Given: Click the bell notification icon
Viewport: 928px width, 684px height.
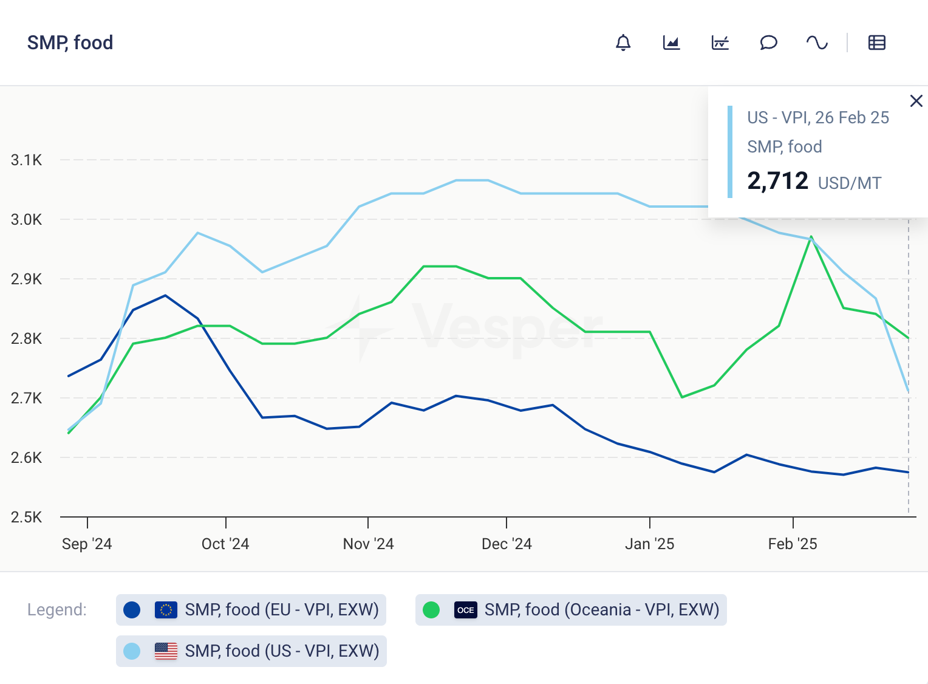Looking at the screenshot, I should pyautogui.click(x=623, y=43).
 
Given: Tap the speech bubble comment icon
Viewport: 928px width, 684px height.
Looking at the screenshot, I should pyautogui.click(x=768, y=43).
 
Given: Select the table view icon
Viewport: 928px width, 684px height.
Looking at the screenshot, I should pyautogui.click(x=876, y=43).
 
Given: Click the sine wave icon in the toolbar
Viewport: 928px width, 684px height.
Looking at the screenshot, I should pyautogui.click(x=817, y=43).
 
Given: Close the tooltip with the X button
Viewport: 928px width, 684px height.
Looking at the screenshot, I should pyautogui.click(x=916, y=101).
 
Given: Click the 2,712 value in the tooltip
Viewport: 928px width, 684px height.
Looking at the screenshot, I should pyautogui.click(x=777, y=181).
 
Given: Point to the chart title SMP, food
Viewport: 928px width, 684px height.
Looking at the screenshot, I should pyautogui.click(x=70, y=43).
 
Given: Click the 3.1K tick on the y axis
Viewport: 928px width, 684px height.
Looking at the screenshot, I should pyautogui.click(x=27, y=160).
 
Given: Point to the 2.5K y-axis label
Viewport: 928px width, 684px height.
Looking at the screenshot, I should pyautogui.click(x=27, y=517).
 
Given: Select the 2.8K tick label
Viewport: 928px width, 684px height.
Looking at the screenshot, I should pyautogui.click(x=27, y=338).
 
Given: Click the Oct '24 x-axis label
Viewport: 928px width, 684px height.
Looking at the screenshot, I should pyautogui.click(x=225, y=544).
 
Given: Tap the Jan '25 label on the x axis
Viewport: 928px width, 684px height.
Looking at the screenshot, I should pyautogui.click(x=649, y=544).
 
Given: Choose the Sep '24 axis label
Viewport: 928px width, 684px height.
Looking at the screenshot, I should pyautogui.click(x=87, y=544).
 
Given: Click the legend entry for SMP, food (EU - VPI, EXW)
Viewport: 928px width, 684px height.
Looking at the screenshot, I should pyautogui.click(x=251, y=609).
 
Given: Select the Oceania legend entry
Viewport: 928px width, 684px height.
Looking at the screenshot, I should pyautogui.click(x=571, y=609).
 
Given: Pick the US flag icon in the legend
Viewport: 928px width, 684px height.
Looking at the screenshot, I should pyautogui.click(x=166, y=651).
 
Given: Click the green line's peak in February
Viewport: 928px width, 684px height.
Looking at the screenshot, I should pyautogui.click(x=811, y=236).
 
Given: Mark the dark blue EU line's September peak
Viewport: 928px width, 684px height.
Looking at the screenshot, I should pyautogui.click(x=165, y=295).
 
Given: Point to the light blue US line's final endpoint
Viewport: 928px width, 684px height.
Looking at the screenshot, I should pyautogui.click(x=909, y=392).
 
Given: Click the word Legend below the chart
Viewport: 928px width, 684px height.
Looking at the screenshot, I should pyautogui.click(x=57, y=609).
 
